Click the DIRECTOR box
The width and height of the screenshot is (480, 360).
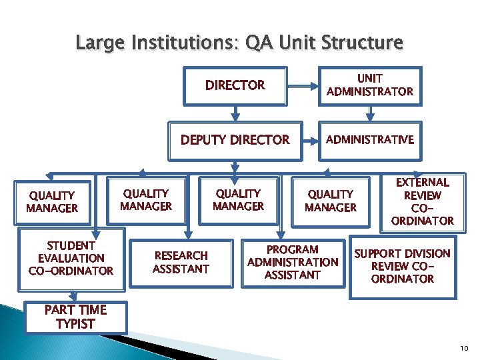pos(235,85)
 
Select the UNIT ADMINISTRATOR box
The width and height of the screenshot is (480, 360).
pos(370,85)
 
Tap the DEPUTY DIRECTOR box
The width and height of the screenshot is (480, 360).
pos(235,140)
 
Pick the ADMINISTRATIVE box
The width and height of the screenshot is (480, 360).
pos(370,139)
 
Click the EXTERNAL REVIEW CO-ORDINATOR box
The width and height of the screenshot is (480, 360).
pos(422,201)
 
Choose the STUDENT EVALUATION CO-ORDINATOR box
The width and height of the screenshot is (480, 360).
pos(71,258)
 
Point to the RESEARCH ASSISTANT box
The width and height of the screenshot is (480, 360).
pos(181,262)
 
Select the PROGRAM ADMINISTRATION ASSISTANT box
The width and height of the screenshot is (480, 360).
pos(293,262)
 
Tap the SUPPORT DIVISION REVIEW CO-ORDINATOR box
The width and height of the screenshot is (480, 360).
pos(402,265)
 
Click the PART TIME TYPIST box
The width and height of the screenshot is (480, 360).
pos(75,317)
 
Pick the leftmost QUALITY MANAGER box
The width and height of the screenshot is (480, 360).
pos(52,201)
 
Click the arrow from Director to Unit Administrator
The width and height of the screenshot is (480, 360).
pos(303,86)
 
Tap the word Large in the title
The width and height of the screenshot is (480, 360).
pos(100,44)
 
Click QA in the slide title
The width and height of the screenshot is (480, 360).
pos(257,44)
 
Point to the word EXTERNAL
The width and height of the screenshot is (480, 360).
pos(423,182)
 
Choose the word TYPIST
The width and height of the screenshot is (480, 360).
pos(75,324)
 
